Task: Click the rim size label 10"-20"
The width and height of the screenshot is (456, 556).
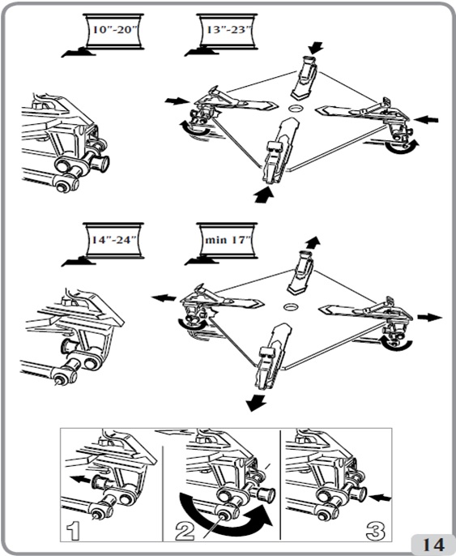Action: [114, 30]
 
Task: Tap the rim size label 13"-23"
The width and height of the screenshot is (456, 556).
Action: [227, 30]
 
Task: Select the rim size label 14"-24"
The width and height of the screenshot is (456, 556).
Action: [114, 240]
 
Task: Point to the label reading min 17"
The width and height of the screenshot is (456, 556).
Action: [228, 240]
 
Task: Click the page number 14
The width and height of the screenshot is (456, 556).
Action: [433, 545]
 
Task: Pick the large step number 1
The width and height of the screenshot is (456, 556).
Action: [74, 531]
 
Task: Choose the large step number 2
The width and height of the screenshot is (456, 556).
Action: [185, 531]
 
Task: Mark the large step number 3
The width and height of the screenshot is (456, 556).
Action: [376, 531]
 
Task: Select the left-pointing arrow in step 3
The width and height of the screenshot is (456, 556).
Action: [380, 498]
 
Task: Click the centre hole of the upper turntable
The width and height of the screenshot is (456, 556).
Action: [295, 108]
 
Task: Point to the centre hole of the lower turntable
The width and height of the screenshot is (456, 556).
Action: [291, 306]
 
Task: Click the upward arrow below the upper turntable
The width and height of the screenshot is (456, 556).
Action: [264, 195]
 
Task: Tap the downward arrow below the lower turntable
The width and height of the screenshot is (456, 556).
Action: [257, 403]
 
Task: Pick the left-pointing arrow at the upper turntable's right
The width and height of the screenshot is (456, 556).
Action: [426, 120]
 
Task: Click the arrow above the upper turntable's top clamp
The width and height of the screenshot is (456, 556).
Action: [315, 48]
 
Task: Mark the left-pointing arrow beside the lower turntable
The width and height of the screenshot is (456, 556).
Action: [164, 297]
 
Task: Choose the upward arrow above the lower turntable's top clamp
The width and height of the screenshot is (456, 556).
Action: [313, 243]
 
